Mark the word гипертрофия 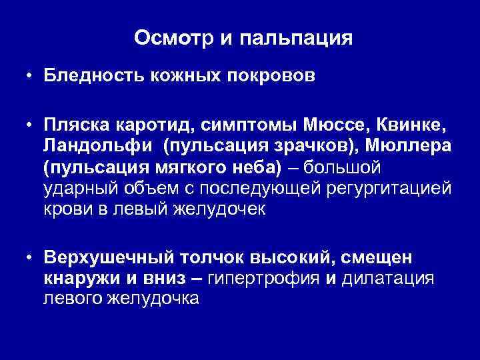click(265, 279)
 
